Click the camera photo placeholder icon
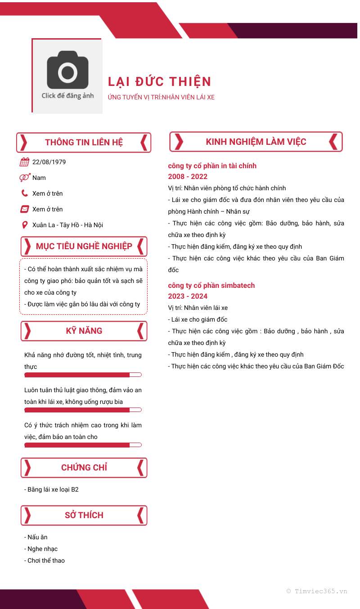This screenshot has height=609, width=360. coord(67,70)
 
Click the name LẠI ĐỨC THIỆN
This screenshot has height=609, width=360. coord(159,81)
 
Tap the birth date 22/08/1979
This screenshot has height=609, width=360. coord(49,162)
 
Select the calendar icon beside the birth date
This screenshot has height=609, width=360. coord(25,162)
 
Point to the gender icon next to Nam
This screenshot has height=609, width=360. coord(25,178)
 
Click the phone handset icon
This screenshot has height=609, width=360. coord(25,193)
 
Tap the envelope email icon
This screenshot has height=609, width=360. coord(25,209)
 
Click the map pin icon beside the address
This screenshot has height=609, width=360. coord(25,225)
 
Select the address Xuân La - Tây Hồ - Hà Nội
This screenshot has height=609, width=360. coord(67,225)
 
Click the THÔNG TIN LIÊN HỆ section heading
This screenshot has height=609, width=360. coord(84,143)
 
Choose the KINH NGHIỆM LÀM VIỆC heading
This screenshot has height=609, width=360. coord(256,142)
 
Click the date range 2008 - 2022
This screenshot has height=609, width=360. coord(188,177)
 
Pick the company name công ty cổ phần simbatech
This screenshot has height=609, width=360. coord(211,286)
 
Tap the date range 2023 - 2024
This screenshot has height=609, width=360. coord(188,296)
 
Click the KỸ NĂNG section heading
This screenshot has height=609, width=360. coord(84,331)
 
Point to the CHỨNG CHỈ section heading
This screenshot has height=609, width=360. coord(84,468)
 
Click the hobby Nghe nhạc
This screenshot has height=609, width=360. coord(42,549)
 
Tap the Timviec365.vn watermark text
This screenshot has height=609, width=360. coord(317,591)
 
